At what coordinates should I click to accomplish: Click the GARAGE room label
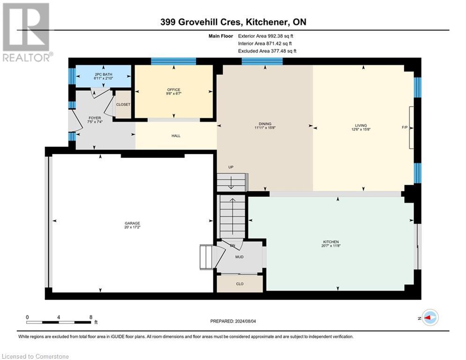[132, 223]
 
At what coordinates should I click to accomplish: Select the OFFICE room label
[174, 90]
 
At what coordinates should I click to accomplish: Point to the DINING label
[265, 124]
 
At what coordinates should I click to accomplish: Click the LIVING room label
[361, 125]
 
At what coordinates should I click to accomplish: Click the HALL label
[176, 136]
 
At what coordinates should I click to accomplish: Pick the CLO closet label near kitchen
[239, 284]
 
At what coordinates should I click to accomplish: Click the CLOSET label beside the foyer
[123, 105]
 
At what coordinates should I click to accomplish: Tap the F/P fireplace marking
[405, 127]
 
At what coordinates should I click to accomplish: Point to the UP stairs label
[230, 167]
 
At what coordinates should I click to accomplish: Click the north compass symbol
[429, 318]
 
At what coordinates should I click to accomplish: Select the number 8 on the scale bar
[90, 317]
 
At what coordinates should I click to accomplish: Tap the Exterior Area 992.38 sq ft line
[266, 36]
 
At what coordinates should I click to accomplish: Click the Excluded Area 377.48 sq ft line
[267, 51]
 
